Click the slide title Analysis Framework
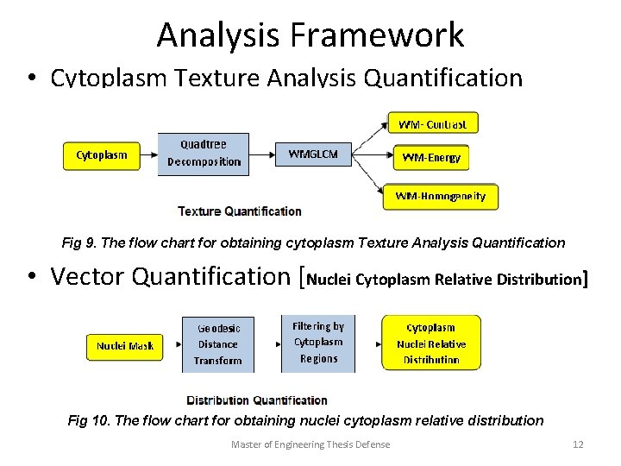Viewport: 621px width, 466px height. (310, 35)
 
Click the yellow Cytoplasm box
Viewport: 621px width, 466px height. (102, 155)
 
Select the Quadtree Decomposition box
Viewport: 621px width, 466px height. (203, 154)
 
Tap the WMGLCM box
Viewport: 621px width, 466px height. (313, 155)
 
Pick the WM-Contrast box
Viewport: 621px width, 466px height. (432, 124)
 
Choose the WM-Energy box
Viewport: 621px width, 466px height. (432, 157)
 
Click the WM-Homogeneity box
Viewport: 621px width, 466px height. (440, 197)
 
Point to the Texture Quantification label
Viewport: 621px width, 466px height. (240, 211)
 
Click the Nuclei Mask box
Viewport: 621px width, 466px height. (125, 346)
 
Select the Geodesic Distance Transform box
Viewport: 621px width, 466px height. (218, 344)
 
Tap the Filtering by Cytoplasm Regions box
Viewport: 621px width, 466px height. (318, 343)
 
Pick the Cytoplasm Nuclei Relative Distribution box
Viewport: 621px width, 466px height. (431, 343)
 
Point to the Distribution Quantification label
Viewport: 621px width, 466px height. (257, 400)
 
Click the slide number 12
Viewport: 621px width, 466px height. (578, 444)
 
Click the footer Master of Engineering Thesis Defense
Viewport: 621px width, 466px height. (310, 444)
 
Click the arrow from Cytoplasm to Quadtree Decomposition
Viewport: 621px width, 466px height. (148, 156)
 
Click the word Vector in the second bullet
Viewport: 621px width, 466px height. (90, 277)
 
